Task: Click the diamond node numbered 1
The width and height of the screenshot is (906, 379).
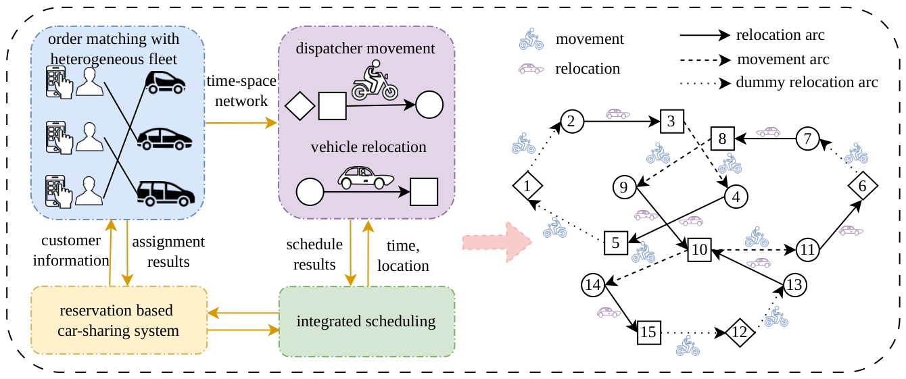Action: coord(527,186)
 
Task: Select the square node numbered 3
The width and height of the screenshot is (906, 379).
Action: coord(672,121)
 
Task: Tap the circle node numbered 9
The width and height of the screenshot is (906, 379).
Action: coord(624,188)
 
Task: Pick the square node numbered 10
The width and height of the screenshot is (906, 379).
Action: coord(700,249)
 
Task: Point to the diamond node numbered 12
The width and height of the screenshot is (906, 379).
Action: coord(740,332)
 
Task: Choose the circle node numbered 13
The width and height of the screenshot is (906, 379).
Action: coord(795,285)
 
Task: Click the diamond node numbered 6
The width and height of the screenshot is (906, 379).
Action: coord(863,186)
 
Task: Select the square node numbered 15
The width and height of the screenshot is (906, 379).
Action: coord(649,332)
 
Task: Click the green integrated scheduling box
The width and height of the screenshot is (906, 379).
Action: coord(367,322)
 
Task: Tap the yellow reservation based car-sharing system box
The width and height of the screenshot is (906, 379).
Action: coord(119,320)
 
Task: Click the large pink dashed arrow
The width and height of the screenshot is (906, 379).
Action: coord(498,243)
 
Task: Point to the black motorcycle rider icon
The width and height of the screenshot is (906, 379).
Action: coord(375,80)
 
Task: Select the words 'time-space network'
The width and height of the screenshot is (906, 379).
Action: coord(241,91)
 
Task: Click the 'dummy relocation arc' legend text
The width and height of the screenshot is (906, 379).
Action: coord(807,82)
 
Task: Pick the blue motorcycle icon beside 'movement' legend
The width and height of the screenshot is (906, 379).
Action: coord(531,39)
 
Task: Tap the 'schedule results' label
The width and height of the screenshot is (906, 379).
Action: coord(314,254)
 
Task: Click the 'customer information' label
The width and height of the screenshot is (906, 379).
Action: coord(71,251)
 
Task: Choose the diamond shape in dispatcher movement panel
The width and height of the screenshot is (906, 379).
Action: coord(300,106)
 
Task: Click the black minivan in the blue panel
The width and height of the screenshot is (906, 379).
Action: coord(166,193)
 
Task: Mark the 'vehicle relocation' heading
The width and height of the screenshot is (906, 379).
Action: coord(368,147)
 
